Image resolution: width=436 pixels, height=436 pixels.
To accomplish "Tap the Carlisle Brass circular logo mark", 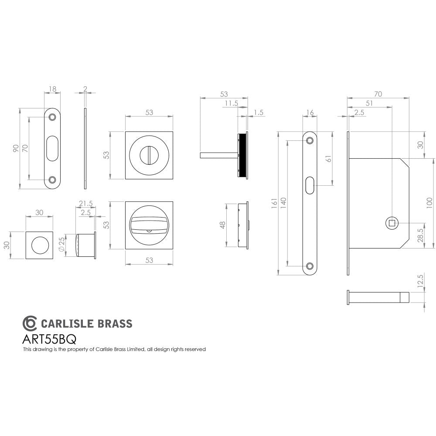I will [x=30, y=323].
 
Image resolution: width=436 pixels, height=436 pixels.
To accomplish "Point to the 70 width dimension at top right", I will [x=378, y=93].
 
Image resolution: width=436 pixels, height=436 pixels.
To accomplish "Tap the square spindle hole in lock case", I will [x=392, y=223].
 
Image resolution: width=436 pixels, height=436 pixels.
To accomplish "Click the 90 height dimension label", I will [x=16, y=148].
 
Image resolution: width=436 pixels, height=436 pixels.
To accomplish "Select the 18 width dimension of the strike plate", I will [x=52, y=89].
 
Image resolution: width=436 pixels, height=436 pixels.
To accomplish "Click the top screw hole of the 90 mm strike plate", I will [x=52, y=117].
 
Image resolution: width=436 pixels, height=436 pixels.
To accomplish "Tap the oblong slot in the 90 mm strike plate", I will [x=52, y=148].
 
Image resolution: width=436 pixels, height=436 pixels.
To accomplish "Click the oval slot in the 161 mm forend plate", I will [x=310, y=185].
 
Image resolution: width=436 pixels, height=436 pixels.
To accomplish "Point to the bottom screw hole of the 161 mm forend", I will [x=310, y=266].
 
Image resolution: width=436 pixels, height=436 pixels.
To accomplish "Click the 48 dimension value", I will [x=222, y=225].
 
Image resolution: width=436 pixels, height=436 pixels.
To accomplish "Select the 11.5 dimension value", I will [x=231, y=104].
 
